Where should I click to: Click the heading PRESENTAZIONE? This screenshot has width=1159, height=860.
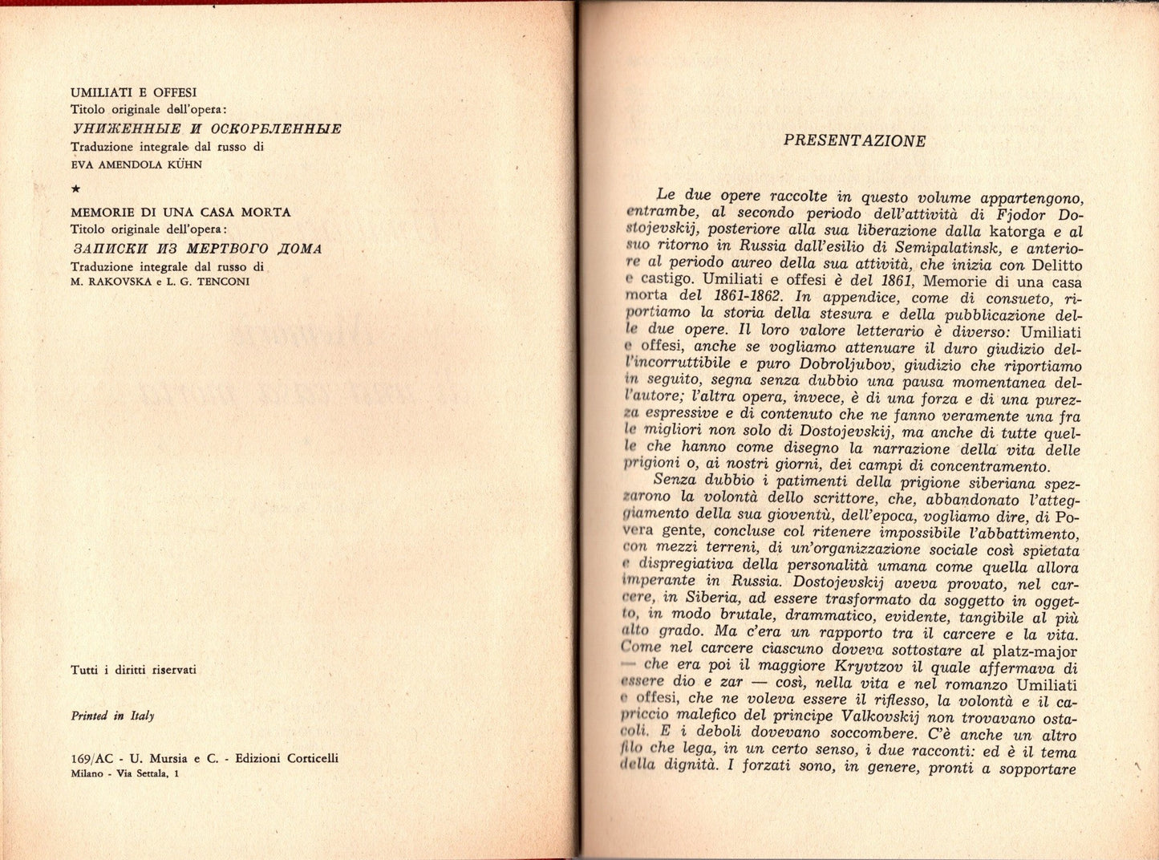coord(854,141)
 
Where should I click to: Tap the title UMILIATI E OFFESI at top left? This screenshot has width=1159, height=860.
coord(134,93)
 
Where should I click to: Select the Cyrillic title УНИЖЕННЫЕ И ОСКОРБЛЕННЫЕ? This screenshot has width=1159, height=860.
coord(207,128)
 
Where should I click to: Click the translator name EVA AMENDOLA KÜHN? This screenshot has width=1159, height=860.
coord(136,164)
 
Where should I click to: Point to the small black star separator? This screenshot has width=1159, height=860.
coord(75,189)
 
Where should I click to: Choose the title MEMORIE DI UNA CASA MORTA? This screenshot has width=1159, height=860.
coord(180,213)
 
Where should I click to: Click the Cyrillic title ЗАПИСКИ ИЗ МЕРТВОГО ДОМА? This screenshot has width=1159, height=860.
coord(197,249)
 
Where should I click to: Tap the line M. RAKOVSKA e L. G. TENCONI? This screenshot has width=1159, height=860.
coord(160,282)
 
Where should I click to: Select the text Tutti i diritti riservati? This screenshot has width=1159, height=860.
coord(133,670)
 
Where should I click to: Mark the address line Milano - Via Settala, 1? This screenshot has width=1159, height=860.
coord(125,773)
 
